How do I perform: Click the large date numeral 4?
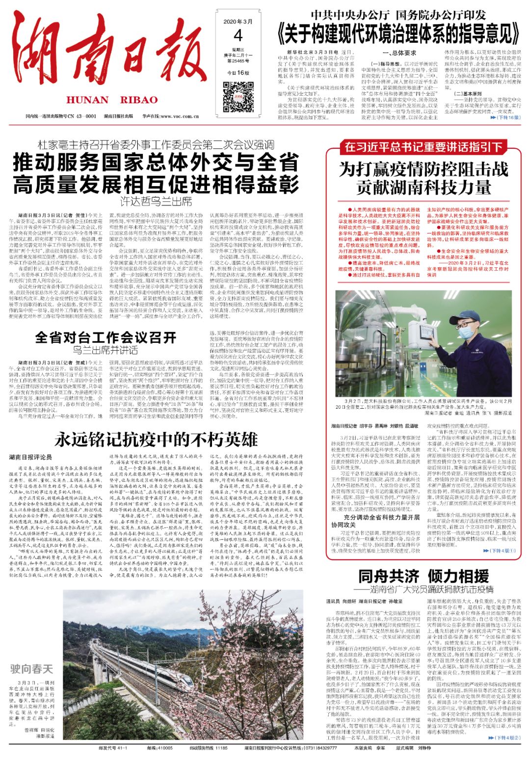[x=238, y=35]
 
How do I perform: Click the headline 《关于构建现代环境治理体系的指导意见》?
[x=398, y=35]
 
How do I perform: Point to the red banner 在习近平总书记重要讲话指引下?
[x=423, y=146]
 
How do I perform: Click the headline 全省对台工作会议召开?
[x=106, y=337]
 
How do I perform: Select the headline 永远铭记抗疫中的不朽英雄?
[x=156, y=439]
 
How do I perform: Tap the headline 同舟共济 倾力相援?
[x=423, y=575]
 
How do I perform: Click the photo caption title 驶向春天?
[x=31, y=669]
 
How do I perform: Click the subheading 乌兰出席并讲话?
[x=106, y=350]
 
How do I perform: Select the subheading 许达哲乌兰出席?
[x=156, y=201]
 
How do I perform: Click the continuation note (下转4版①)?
[x=503, y=551]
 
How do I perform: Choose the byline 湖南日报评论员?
[x=30, y=457]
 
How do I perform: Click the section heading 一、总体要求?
[x=399, y=53]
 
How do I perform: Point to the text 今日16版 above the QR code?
[x=238, y=73]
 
